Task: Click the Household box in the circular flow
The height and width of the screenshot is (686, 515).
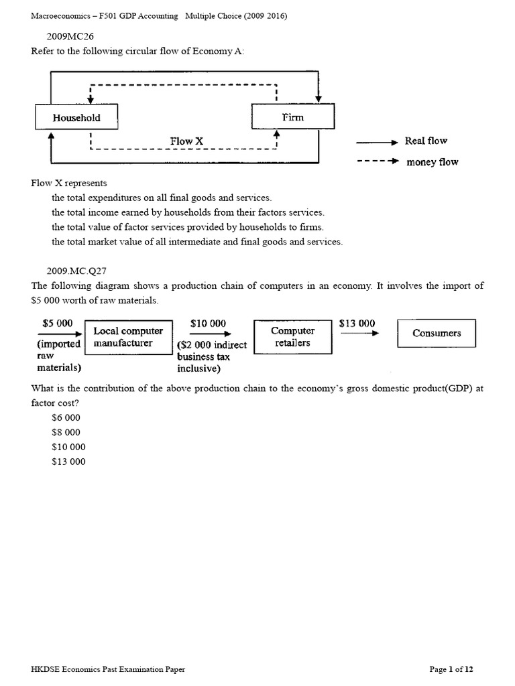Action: pyautogui.click(x=76, y=118)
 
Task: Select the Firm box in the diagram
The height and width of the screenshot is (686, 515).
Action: pyautogui.click(x=292, y=118)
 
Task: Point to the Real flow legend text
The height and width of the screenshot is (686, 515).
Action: pyautogui.click(x=426, y=141)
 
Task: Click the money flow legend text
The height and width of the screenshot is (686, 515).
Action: pyautogui.click(x=433, y=162)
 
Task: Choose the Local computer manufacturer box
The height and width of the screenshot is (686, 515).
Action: pyautogui.click(x=127, y=338)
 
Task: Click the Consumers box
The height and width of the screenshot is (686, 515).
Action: pyautogui.click(x=436, y=334)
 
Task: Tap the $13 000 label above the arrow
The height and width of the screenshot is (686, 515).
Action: pyautogui.click(x=357, y=323)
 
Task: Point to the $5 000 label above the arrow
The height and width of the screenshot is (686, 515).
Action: pyautogui.click(x=57, y=323)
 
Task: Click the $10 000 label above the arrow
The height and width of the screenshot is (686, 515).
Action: pyautogui.click(x=208, y=323)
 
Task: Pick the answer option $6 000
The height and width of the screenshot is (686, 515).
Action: pyautogui.click(x=66, y=417)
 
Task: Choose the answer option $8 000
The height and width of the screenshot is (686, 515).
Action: pyautogui.click(x=66, y=432)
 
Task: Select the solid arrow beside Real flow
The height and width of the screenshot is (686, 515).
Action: pyautogui.click(x=377, y=142)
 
